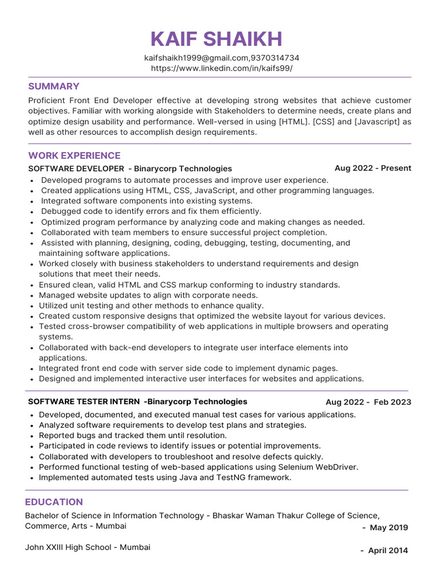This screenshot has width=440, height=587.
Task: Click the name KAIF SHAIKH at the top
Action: pyautogui.click(x=217, y=40)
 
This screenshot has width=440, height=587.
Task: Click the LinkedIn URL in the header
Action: pyautogui.click(x=221, y=68)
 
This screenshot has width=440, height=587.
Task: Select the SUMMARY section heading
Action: pyautogui.click(x=54, y=87)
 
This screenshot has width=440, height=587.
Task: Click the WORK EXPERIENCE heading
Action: pyautogui.click(x=74, y=156)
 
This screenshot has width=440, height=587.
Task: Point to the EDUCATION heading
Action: pyautogui.click(x=54, y=502)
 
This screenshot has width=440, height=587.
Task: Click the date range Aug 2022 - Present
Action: pyautogui.click(x=372, y=169)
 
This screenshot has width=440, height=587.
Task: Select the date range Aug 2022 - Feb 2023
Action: pyautogui.click(x=368, y=402)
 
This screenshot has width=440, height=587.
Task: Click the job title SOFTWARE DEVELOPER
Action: pyautogui.click(x=76, y=169)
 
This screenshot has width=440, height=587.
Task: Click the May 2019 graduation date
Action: pyautogui.click(x=389, y=528)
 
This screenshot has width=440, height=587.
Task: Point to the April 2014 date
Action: pyautogui.click(x=388, y=551)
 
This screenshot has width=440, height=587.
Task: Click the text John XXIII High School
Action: pyautogui.click(x=68, y=547)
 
